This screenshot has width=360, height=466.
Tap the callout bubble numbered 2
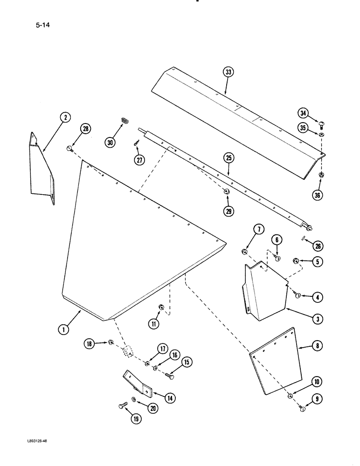click(65, 117)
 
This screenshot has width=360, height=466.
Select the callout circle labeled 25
click(228, 158)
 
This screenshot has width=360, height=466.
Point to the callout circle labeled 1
click(64, 329)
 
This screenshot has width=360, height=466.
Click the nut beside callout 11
click(160, 307)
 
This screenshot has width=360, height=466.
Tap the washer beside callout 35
click(322, 135)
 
